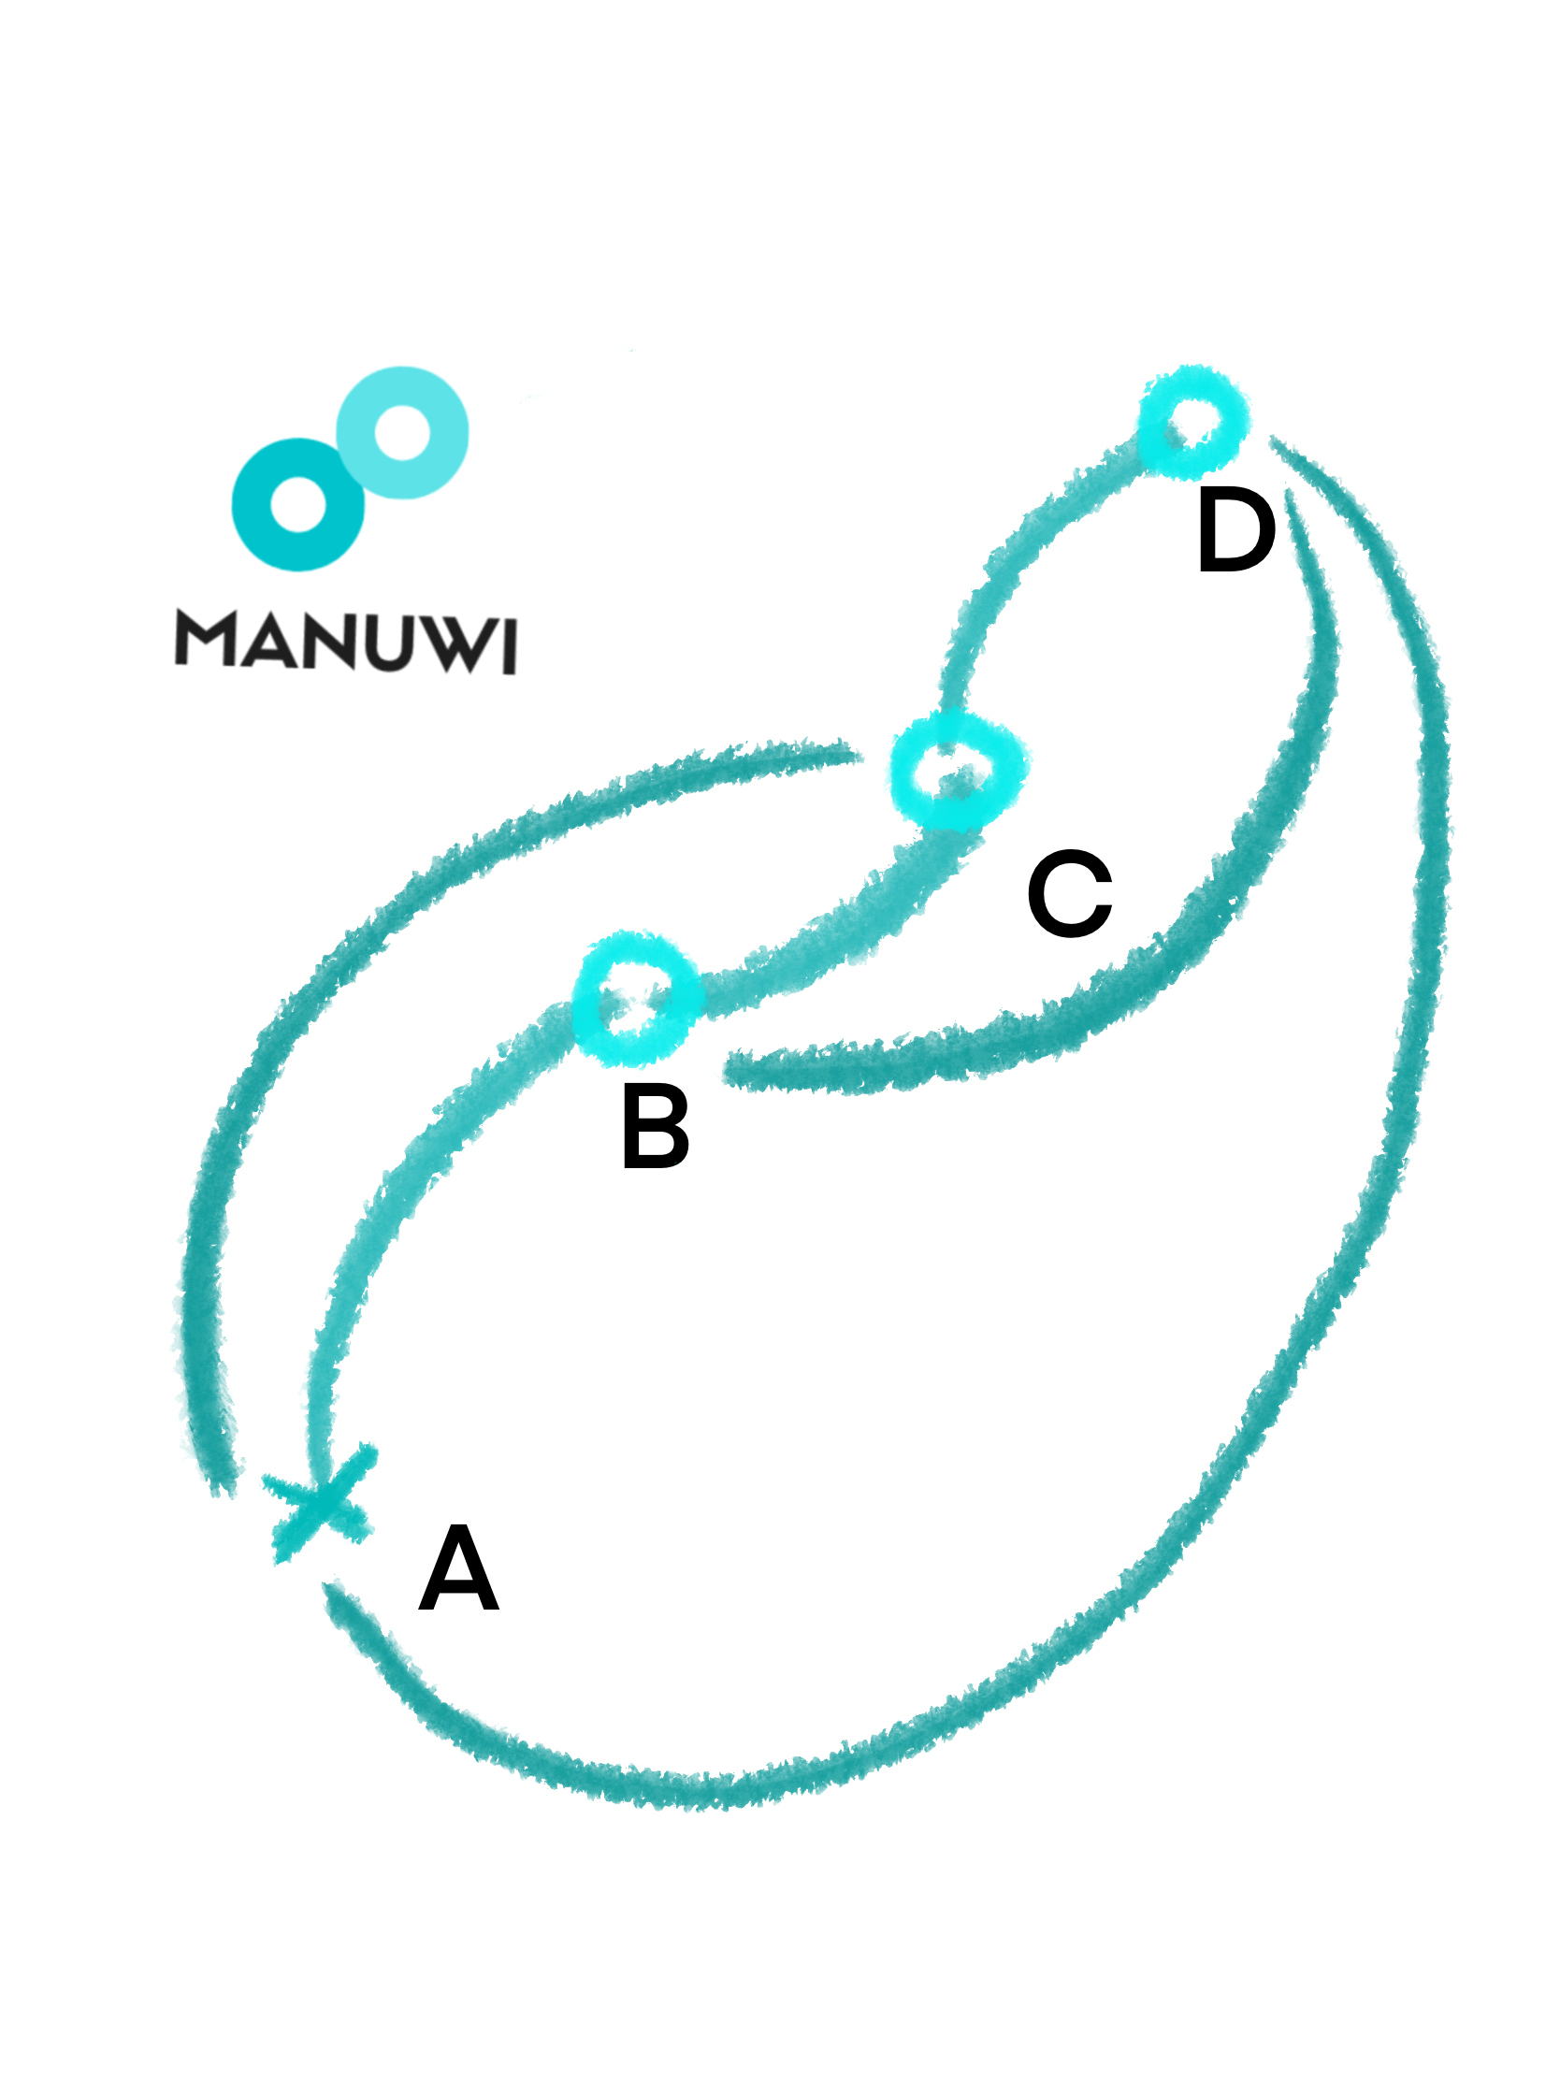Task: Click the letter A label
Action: click(458, 1568)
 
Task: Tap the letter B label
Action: click(656, 1125)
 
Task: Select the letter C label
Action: click(1070, 893)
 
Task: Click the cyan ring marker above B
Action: click(637, 998)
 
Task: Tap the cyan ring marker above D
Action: click(1192, 422)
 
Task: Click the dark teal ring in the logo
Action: click(297, 505)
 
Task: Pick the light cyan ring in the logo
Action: click(402, 432)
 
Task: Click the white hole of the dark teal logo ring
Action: click(298, 504)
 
